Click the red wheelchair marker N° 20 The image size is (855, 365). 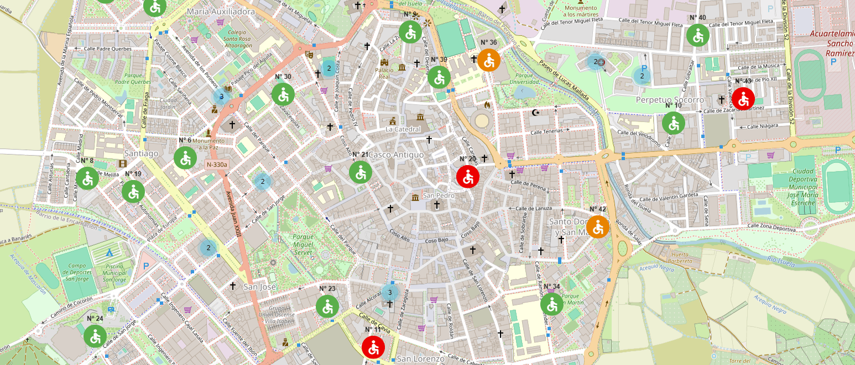[468, 177]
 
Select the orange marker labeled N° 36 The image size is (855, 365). [489, 60]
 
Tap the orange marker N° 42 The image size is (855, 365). [598, 227]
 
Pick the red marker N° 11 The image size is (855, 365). [373, 347]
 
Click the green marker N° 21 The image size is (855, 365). [360, 172]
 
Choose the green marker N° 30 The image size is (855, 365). [283, 94]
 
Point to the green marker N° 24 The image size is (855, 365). [95, 336]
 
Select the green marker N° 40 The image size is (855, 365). [698, 35]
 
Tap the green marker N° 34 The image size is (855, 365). [552, 304]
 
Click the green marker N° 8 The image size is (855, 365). [87, 178]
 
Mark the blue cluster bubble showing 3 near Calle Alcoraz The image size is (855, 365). [390, 292]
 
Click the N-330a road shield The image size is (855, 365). [217, 165]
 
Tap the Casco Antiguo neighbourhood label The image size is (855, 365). [396, 155]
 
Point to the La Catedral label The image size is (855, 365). [403, 129]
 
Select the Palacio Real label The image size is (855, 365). [384, 73]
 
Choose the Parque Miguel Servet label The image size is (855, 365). [303, 244]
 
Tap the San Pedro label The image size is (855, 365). [438, 195]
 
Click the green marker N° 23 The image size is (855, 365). [327, 306]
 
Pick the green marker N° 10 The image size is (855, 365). [674, 123]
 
